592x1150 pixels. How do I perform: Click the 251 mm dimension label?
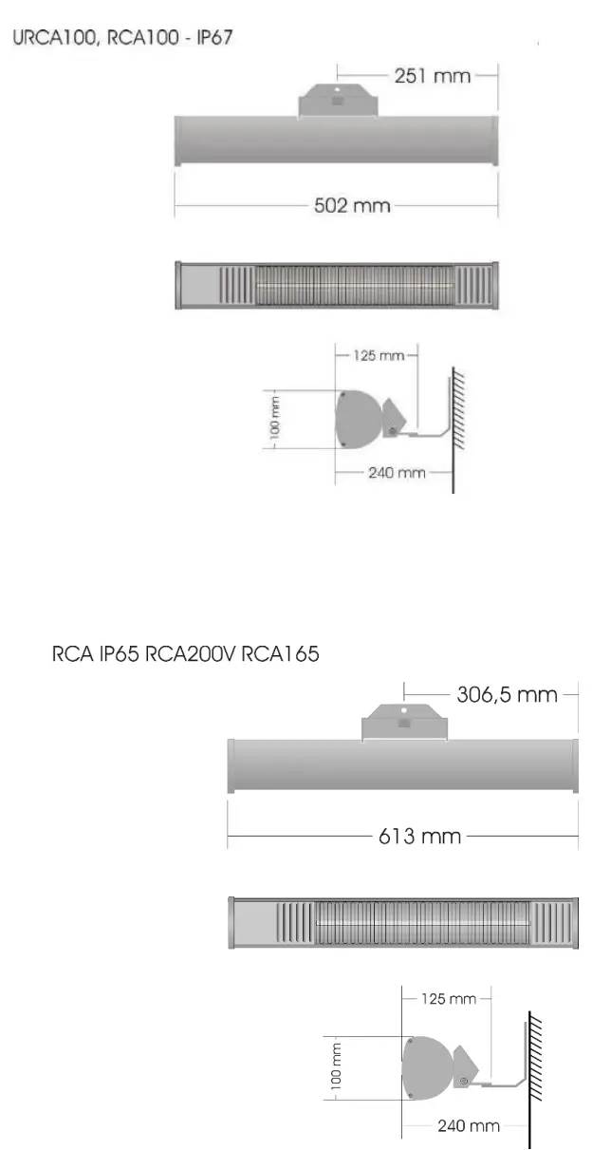click(432, 76)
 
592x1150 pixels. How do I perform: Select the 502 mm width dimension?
click(351, 205)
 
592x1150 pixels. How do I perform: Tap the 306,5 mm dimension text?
click(507, 694)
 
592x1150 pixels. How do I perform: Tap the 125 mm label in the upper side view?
click(378, 355)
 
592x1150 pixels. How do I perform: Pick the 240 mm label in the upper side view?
click(396, 472)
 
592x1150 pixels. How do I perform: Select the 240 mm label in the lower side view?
click(468, 1126)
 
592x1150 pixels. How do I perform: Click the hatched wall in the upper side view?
click(458, 408)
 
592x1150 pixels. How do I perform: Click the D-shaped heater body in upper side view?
click(357, 420)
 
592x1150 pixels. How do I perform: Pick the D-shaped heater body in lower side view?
click(424, 1066)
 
